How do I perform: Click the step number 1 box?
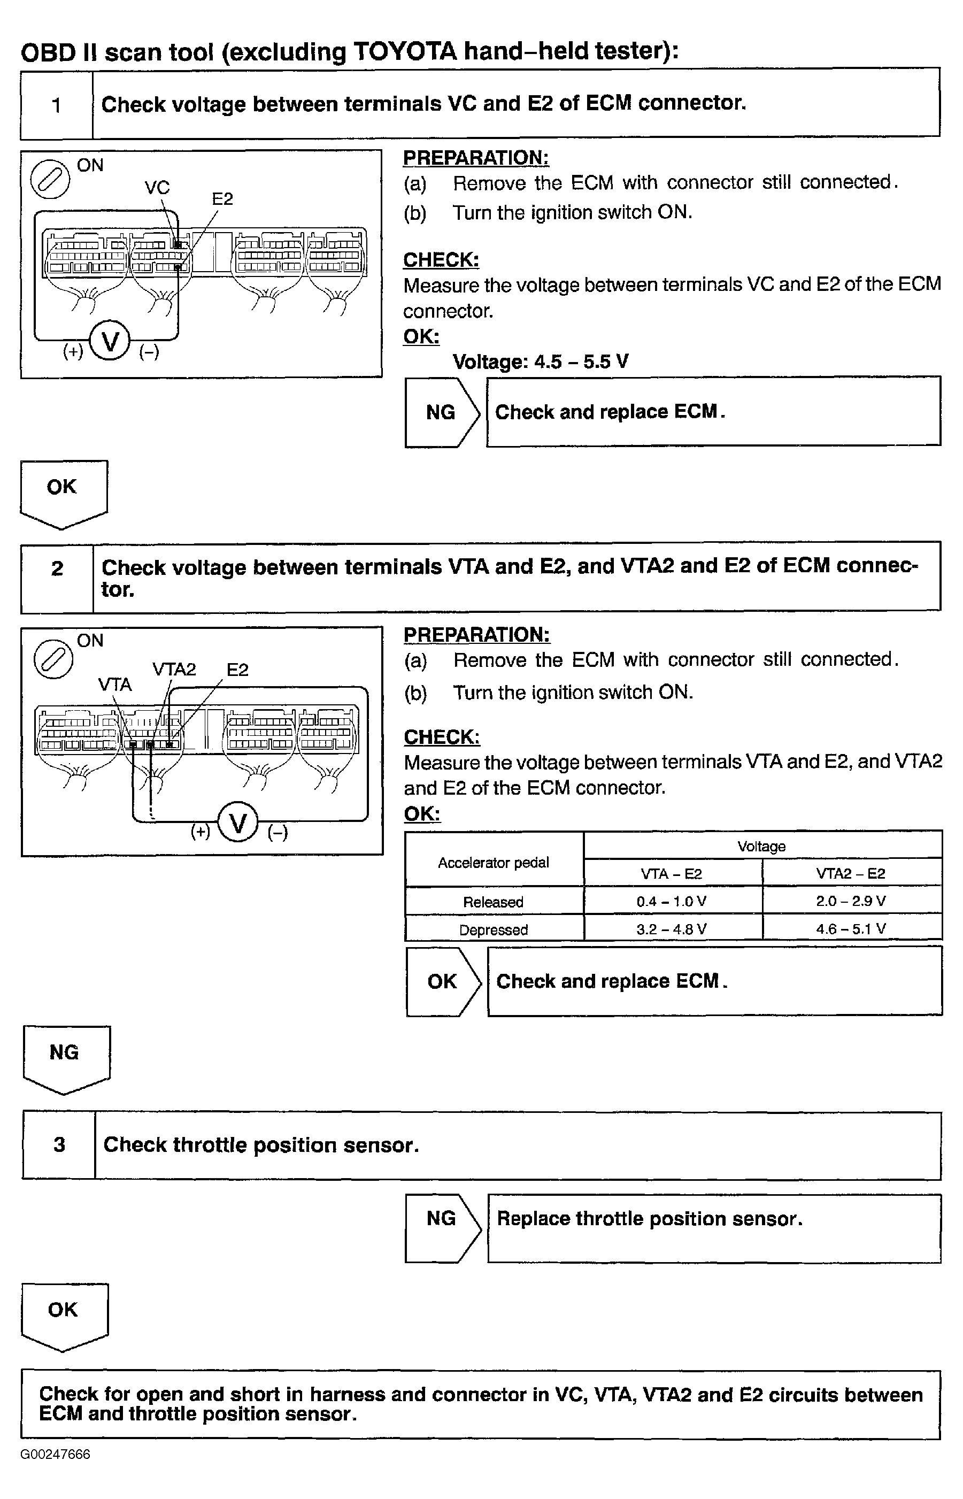pos(56,105)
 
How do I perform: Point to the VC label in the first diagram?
pos(157,187)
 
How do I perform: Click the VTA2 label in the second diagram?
pos(174,669)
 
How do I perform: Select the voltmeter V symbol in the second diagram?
pos(238,823)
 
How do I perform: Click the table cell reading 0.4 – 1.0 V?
pos(672,901)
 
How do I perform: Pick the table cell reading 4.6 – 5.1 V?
pos(851,929)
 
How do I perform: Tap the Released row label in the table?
pos(494,902)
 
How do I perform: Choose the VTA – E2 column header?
pos(672,874)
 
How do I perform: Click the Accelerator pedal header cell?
pos(494,863)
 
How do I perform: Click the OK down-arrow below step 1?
pos(63,491)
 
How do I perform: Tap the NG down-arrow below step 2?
pos(65,1057)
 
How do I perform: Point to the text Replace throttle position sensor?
pos(650,1219)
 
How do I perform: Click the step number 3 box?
pos(59,1145)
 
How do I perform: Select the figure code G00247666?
pos(55,1455)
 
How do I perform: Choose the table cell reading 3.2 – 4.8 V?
pos(672,929)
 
